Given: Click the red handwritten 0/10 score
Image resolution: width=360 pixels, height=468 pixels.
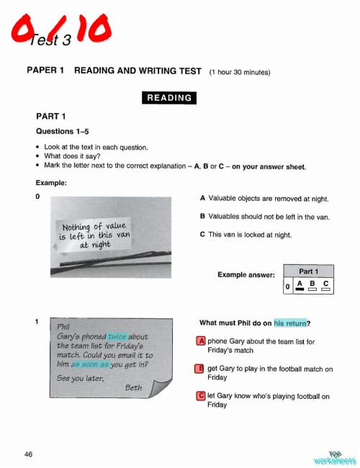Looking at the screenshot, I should (x=61, y=31).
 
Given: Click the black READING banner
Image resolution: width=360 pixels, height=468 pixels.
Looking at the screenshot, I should (x=169, y=98).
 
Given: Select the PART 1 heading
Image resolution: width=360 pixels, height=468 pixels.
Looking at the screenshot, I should (x=50, y=116).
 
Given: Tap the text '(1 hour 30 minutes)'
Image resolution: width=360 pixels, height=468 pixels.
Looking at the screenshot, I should (x=239, y=73).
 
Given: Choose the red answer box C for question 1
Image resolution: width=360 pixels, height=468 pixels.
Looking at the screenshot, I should (x=201, y=395).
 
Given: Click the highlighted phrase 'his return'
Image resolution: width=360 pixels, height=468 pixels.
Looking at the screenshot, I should (x=290, y=322).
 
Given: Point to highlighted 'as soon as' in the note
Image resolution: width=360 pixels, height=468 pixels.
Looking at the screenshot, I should (x=89, y=364).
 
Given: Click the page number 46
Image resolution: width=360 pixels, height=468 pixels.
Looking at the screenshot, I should (x=28, y=454).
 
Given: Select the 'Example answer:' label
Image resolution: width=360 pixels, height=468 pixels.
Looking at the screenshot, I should (x=246, y=275).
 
